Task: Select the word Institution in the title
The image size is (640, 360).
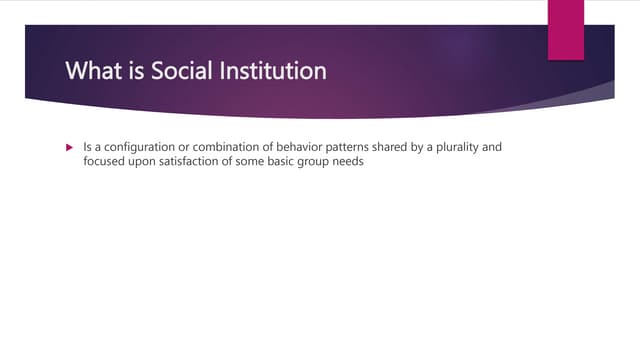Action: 275,72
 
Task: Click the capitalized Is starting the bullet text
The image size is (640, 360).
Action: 87,147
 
